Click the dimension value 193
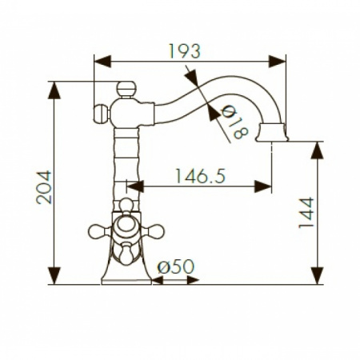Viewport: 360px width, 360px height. pyautogui.click(x=184, y=50)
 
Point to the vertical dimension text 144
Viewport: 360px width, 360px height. pyautogui.click(x=306, y=213)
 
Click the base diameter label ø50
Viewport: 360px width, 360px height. pyautogui.click(x=175, y=266)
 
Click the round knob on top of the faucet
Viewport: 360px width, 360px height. pyautogui.click(x=125, y=88)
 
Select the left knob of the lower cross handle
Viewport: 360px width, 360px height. pyautogui.click(x=95, y=232)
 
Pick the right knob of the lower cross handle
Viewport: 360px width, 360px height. pyautogui.click(x=157, y=232)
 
